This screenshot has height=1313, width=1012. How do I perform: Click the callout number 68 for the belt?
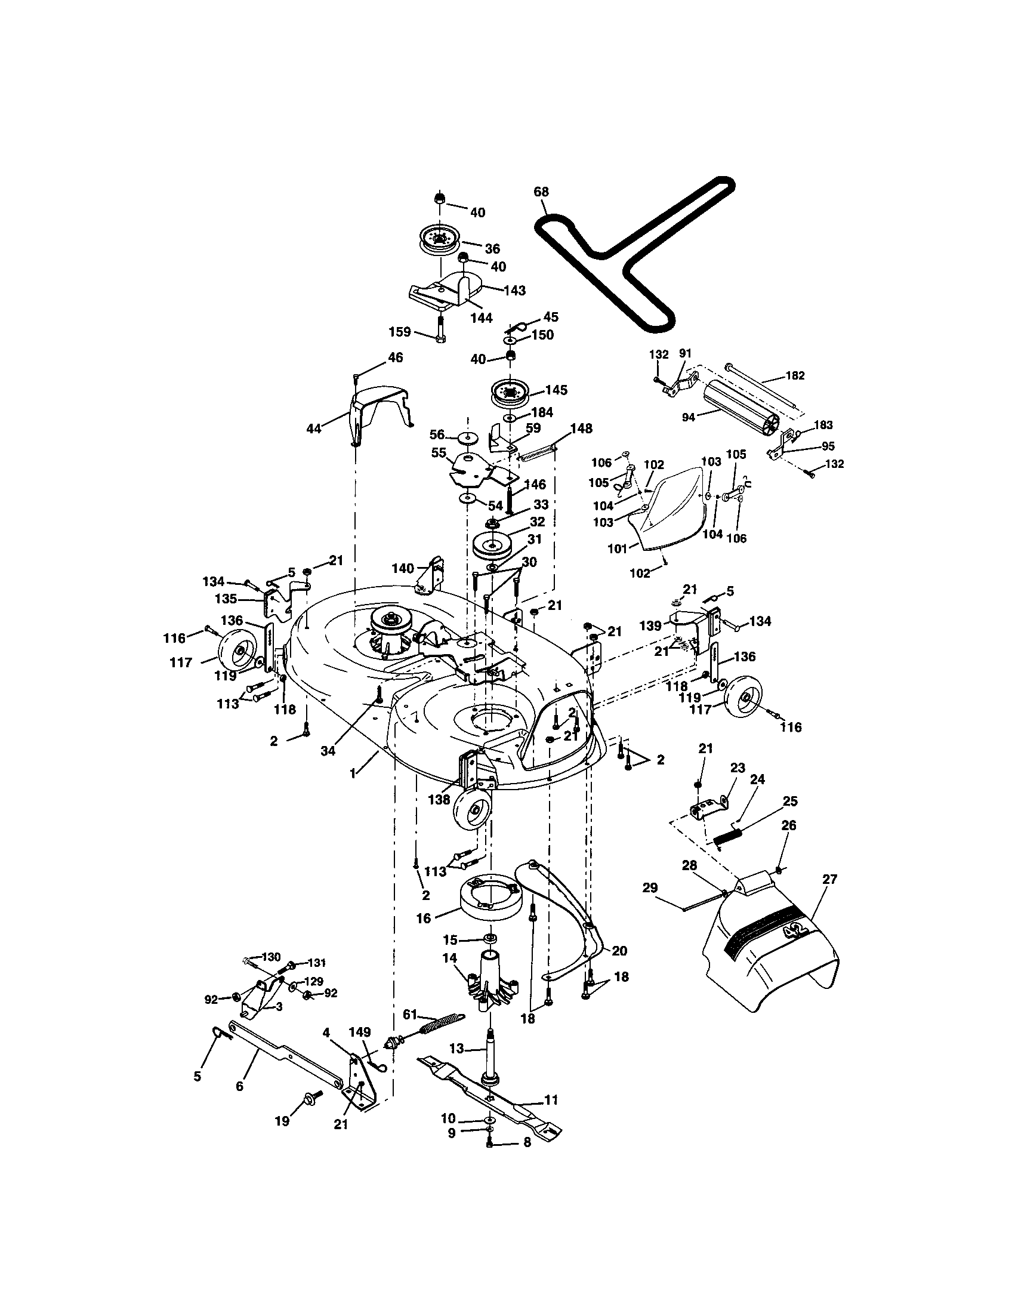pos(541,192)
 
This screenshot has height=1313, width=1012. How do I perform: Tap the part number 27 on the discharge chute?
pos(829,879)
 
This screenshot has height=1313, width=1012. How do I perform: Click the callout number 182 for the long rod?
pos(794,376)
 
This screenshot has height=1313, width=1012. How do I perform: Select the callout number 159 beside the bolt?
pos(400,332)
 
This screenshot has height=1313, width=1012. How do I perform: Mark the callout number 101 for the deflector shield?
pos(617,548)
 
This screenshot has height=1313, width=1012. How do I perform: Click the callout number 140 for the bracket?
pos(402,568)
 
